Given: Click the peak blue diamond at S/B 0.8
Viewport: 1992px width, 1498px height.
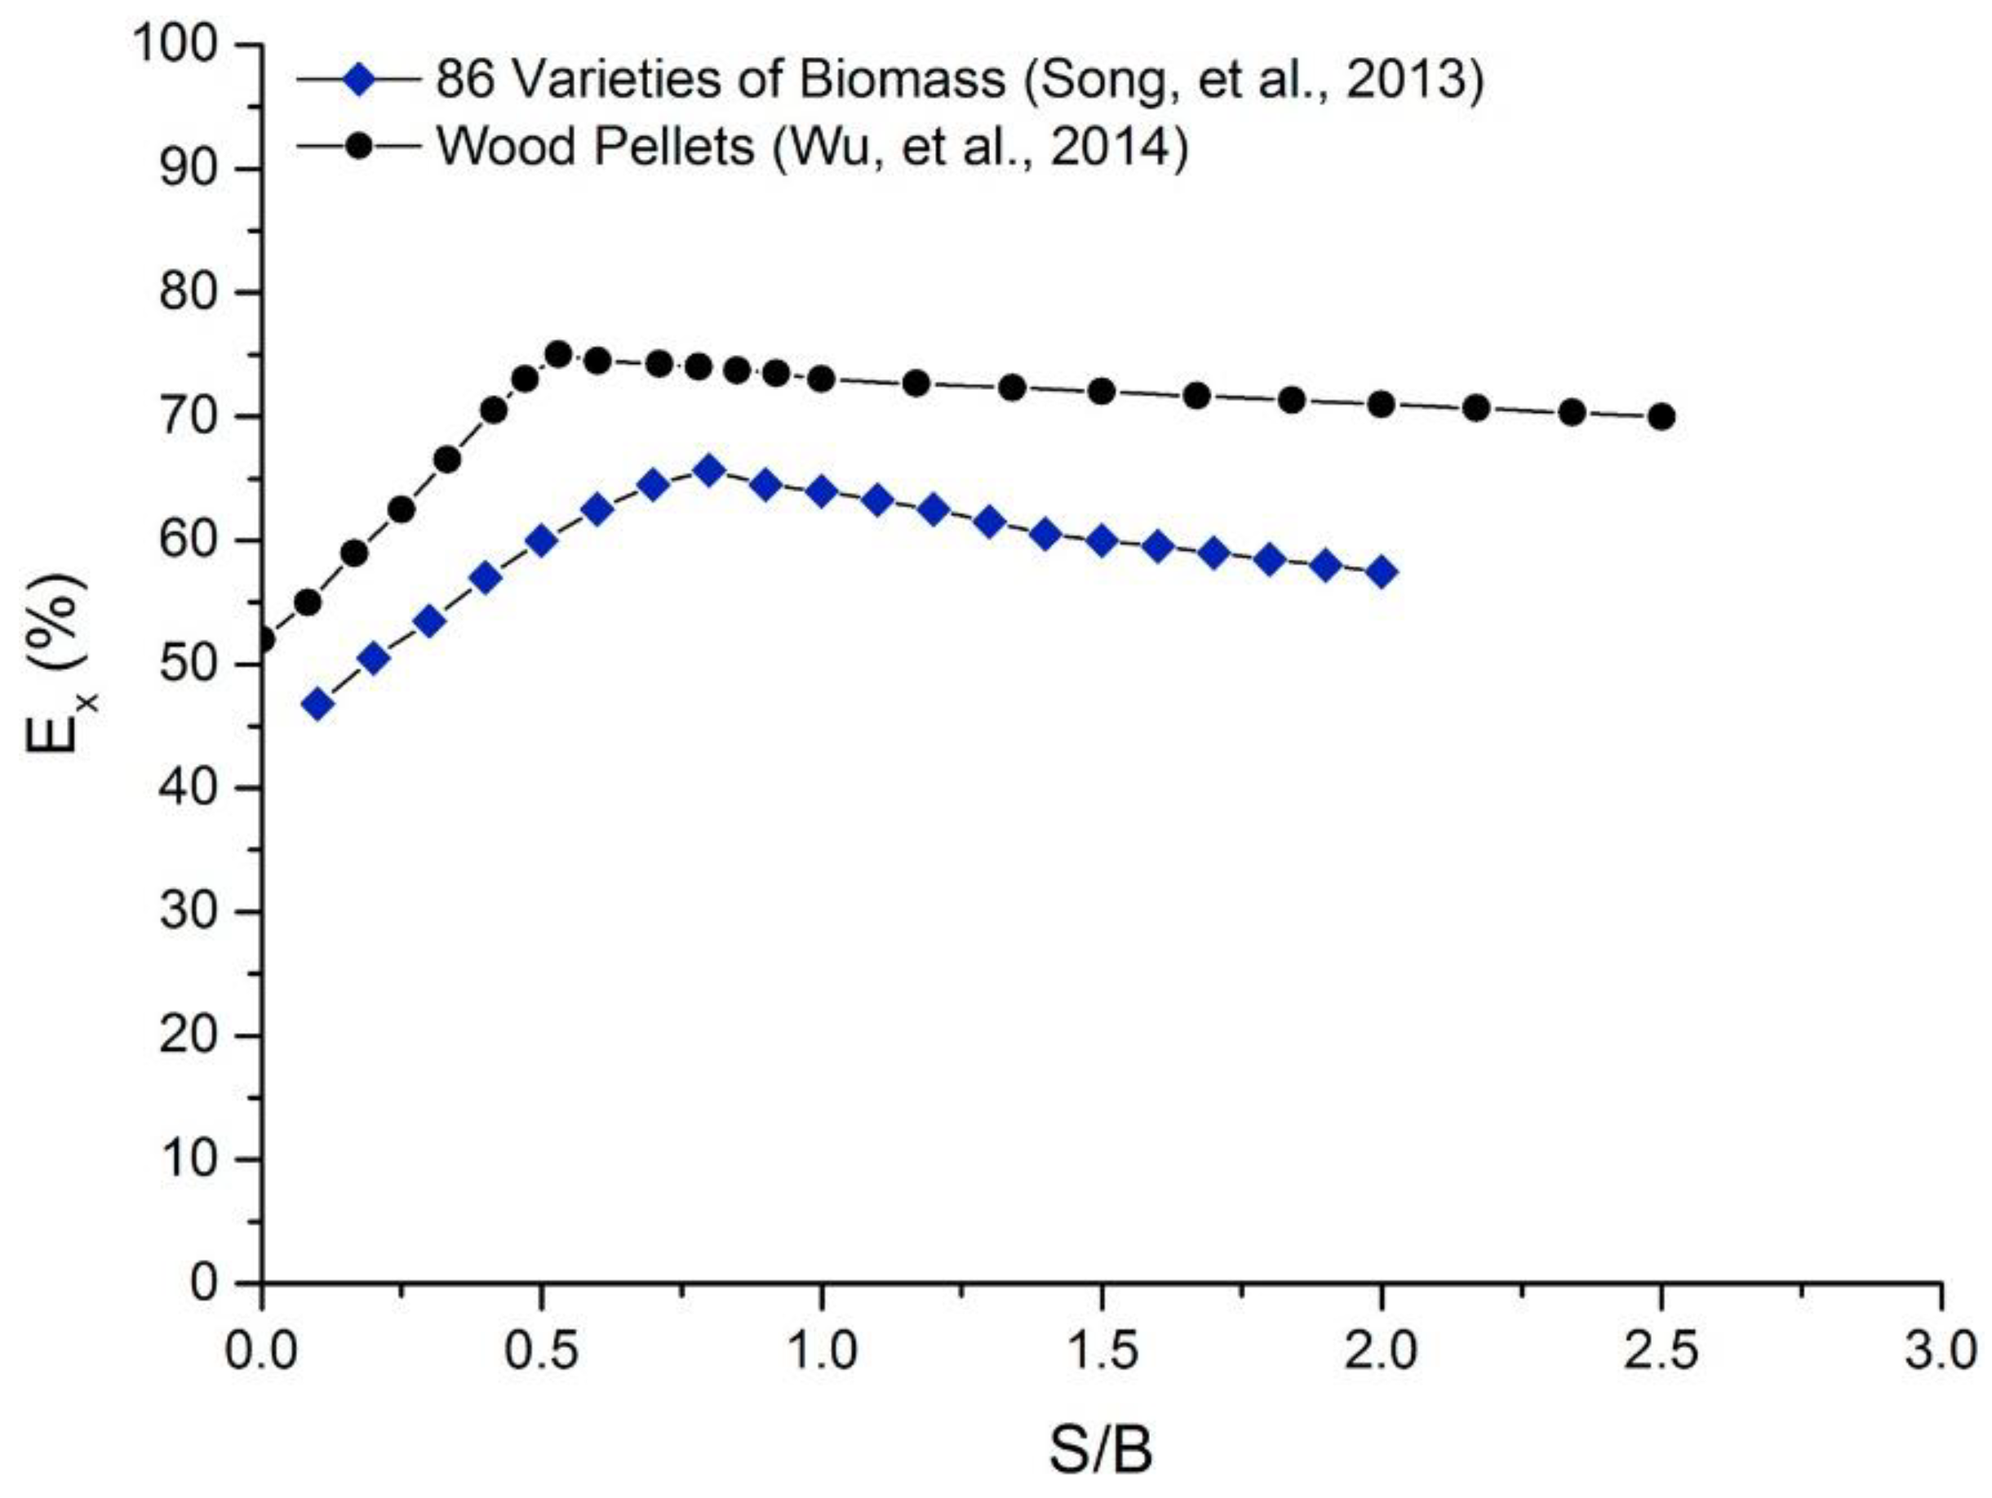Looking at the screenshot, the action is [x=710, y=471].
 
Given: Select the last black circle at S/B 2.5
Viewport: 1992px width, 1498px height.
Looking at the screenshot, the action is [x=1662, y=417].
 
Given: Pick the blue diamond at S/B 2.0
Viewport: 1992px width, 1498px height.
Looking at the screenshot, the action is [x=1382, y=572].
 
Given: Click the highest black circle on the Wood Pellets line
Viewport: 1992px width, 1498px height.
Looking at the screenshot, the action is [x=559, y=355].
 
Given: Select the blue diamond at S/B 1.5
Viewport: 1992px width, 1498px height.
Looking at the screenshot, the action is [x=1102, y=541].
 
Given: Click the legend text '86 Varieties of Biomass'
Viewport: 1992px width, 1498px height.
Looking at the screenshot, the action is [x=721, y=80].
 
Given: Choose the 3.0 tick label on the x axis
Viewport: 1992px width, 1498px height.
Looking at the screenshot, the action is [x=1940, y=1353].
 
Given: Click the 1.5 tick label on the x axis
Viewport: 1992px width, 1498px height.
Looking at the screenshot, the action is [x=1102, y=1353].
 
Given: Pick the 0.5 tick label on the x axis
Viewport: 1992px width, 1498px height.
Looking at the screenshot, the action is [x=540, y=1353].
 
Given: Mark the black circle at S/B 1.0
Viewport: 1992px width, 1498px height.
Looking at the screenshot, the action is [x=820, y=379].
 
